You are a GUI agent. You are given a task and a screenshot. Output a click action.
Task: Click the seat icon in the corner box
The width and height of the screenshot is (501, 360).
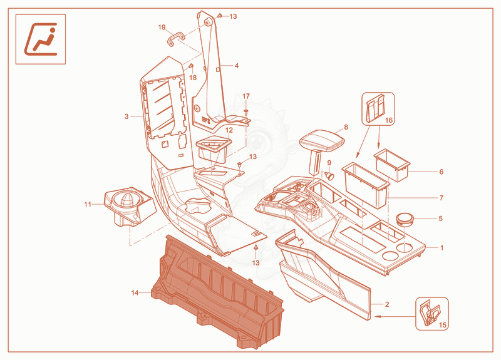[x=41, y=39]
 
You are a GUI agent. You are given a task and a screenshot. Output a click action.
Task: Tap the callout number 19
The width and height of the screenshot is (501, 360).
[x=162, y=28]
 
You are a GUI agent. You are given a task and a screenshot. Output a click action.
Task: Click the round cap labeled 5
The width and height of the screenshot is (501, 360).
[x=405, y=220]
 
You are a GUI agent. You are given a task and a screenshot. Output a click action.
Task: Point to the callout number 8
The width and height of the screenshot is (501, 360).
[x=346, y=127]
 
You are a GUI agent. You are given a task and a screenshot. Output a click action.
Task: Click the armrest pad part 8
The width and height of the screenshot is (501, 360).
[x=322, y=140]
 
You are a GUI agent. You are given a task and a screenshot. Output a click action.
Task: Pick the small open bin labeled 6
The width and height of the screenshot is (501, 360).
[x=392, y=165]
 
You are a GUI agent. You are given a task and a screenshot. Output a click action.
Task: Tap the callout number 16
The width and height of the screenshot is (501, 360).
[x=388, y=120]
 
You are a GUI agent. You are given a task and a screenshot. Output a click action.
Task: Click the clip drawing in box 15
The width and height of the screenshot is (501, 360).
[x=430, y=314]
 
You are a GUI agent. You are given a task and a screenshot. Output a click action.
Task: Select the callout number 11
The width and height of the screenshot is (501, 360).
[x=88, y=205]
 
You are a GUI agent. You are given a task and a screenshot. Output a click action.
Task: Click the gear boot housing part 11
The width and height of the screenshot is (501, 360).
[x=130, y=207]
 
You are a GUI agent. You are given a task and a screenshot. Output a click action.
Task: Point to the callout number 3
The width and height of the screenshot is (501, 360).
[x=127, y=116]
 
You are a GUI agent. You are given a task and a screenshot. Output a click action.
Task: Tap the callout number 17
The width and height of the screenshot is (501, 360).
[x=246, y=96]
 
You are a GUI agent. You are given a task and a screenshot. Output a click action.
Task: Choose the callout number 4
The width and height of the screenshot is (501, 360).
[x=237, y=66]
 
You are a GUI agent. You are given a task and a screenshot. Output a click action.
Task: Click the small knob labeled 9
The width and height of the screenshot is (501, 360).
[x=329, y=175]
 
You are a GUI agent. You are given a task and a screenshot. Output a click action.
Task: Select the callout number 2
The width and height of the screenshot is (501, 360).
[x=387, y=304]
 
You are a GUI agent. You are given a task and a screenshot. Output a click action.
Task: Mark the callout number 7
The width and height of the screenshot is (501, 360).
[x=442, y=198]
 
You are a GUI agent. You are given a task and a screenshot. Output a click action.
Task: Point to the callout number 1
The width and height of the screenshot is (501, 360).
[x=442, y=248]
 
